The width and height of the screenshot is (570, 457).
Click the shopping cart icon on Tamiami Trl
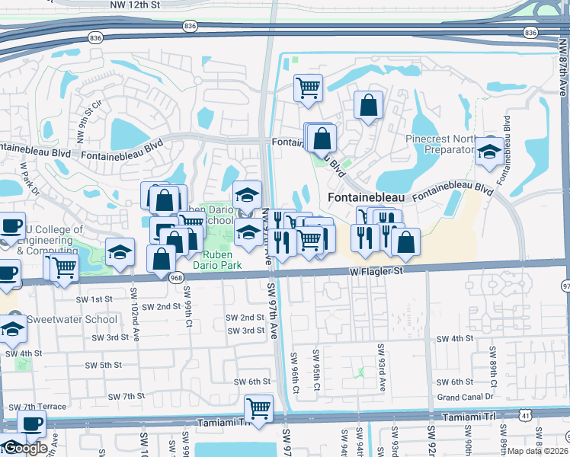259,408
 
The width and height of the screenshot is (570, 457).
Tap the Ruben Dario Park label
219,260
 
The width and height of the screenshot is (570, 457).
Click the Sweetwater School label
72,320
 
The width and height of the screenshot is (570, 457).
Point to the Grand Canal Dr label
466,397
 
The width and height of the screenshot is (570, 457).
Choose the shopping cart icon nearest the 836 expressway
308,88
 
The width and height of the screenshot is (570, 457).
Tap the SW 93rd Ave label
381,367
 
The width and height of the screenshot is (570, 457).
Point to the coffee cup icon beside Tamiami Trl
31,423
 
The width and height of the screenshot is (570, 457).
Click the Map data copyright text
536,450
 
